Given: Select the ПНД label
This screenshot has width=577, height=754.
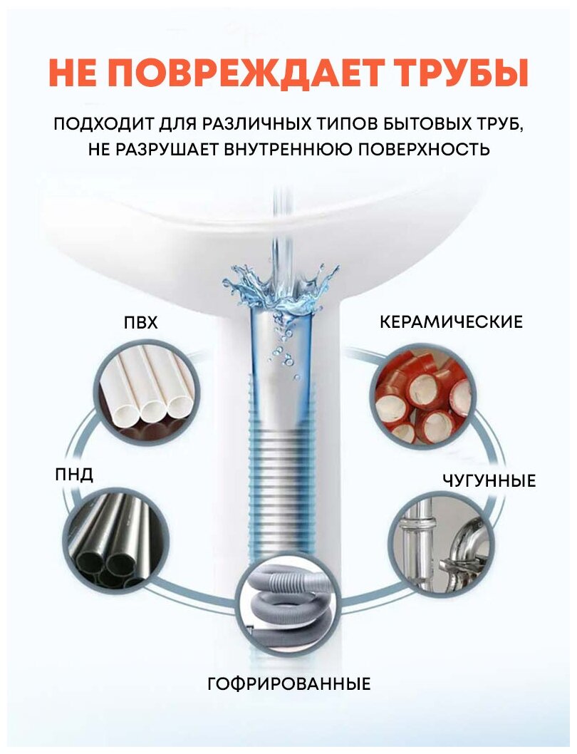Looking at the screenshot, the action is [74, 475].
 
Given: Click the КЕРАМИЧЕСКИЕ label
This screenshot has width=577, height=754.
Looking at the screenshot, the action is [451, 322].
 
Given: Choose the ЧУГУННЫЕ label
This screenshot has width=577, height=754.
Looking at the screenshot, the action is [488, 481].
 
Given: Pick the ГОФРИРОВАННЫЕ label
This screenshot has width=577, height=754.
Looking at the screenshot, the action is [289, 685].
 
